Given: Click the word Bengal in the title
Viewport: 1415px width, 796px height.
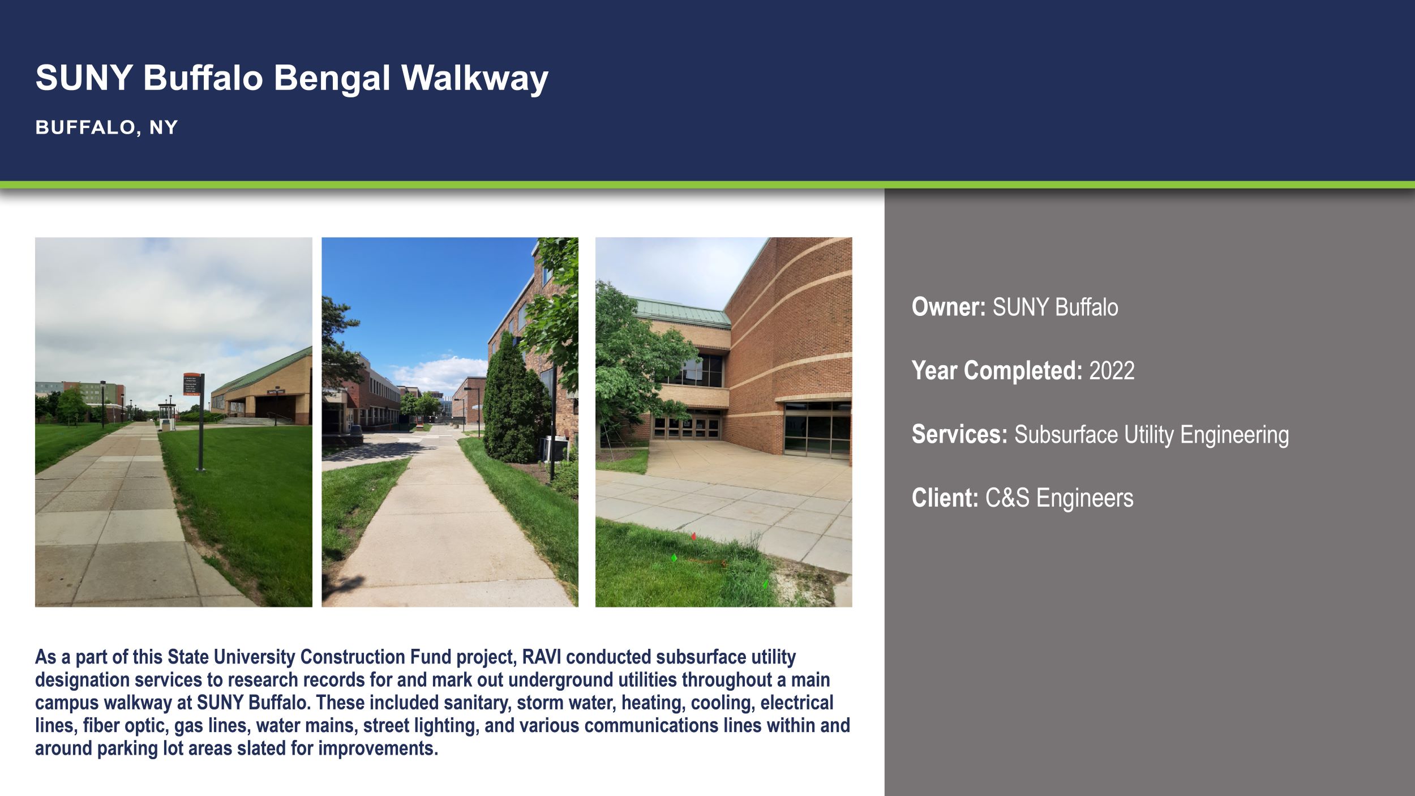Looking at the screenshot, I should (332, 78).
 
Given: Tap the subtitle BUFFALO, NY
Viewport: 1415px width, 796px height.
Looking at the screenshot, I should (106, 127).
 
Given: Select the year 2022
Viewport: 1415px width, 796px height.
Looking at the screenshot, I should (1112, 371).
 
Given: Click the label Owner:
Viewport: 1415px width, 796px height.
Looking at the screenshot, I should (949, 307).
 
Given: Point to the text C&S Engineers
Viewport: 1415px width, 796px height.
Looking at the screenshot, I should (1059, 498).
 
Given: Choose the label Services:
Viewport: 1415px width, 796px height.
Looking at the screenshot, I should (959, 435).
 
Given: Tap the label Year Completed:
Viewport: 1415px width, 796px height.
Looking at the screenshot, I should (997, 371).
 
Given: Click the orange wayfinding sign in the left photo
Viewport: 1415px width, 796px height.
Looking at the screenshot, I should (191, 384).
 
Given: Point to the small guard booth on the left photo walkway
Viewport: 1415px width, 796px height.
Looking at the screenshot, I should (166, 416).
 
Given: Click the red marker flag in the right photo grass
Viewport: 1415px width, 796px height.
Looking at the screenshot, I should (693, 536).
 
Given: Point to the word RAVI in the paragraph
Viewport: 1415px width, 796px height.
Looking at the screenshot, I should (542, 657).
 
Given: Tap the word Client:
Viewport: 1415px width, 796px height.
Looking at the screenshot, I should (945, 498).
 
